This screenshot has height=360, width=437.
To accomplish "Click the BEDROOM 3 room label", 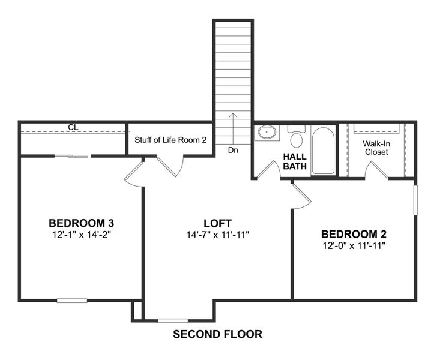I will (80, 223).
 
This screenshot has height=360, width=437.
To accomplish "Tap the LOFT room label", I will (217, 223).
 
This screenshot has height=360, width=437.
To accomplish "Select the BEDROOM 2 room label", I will (353, 234).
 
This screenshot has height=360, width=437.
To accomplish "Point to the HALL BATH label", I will (295, 161).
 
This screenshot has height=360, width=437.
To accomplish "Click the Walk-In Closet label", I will (376, 148).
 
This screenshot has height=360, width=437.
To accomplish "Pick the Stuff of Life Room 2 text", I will (170, 140).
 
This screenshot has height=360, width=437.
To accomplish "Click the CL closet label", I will (73, 127).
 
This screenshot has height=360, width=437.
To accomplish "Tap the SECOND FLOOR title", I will (217, 334).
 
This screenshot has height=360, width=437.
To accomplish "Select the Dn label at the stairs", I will (234, 151).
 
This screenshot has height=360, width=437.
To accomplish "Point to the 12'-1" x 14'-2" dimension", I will (80, 234).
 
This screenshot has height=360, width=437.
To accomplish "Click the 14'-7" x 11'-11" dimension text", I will (217, 234).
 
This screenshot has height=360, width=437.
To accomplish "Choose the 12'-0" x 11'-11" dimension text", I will (353, 245).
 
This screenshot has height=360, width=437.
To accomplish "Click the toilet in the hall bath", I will (296, 137).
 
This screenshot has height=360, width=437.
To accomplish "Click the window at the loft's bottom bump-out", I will (173, 320).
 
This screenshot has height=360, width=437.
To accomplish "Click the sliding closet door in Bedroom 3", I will (71, 157).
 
